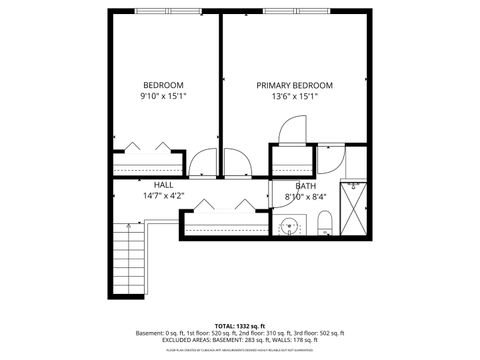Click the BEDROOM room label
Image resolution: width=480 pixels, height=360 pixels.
(163, 85)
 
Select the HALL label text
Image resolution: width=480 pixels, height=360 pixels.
(163, 185)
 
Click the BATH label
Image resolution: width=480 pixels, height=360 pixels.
(306, 186)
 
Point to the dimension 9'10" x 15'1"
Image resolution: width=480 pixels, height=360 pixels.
(163, 97)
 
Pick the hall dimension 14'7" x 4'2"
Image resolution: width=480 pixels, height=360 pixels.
(163, 196)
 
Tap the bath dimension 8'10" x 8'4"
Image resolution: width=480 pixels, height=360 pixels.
(306, 197)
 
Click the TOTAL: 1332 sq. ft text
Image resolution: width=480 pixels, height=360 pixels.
(239, 326)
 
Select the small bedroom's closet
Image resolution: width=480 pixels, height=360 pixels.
(148, 161)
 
